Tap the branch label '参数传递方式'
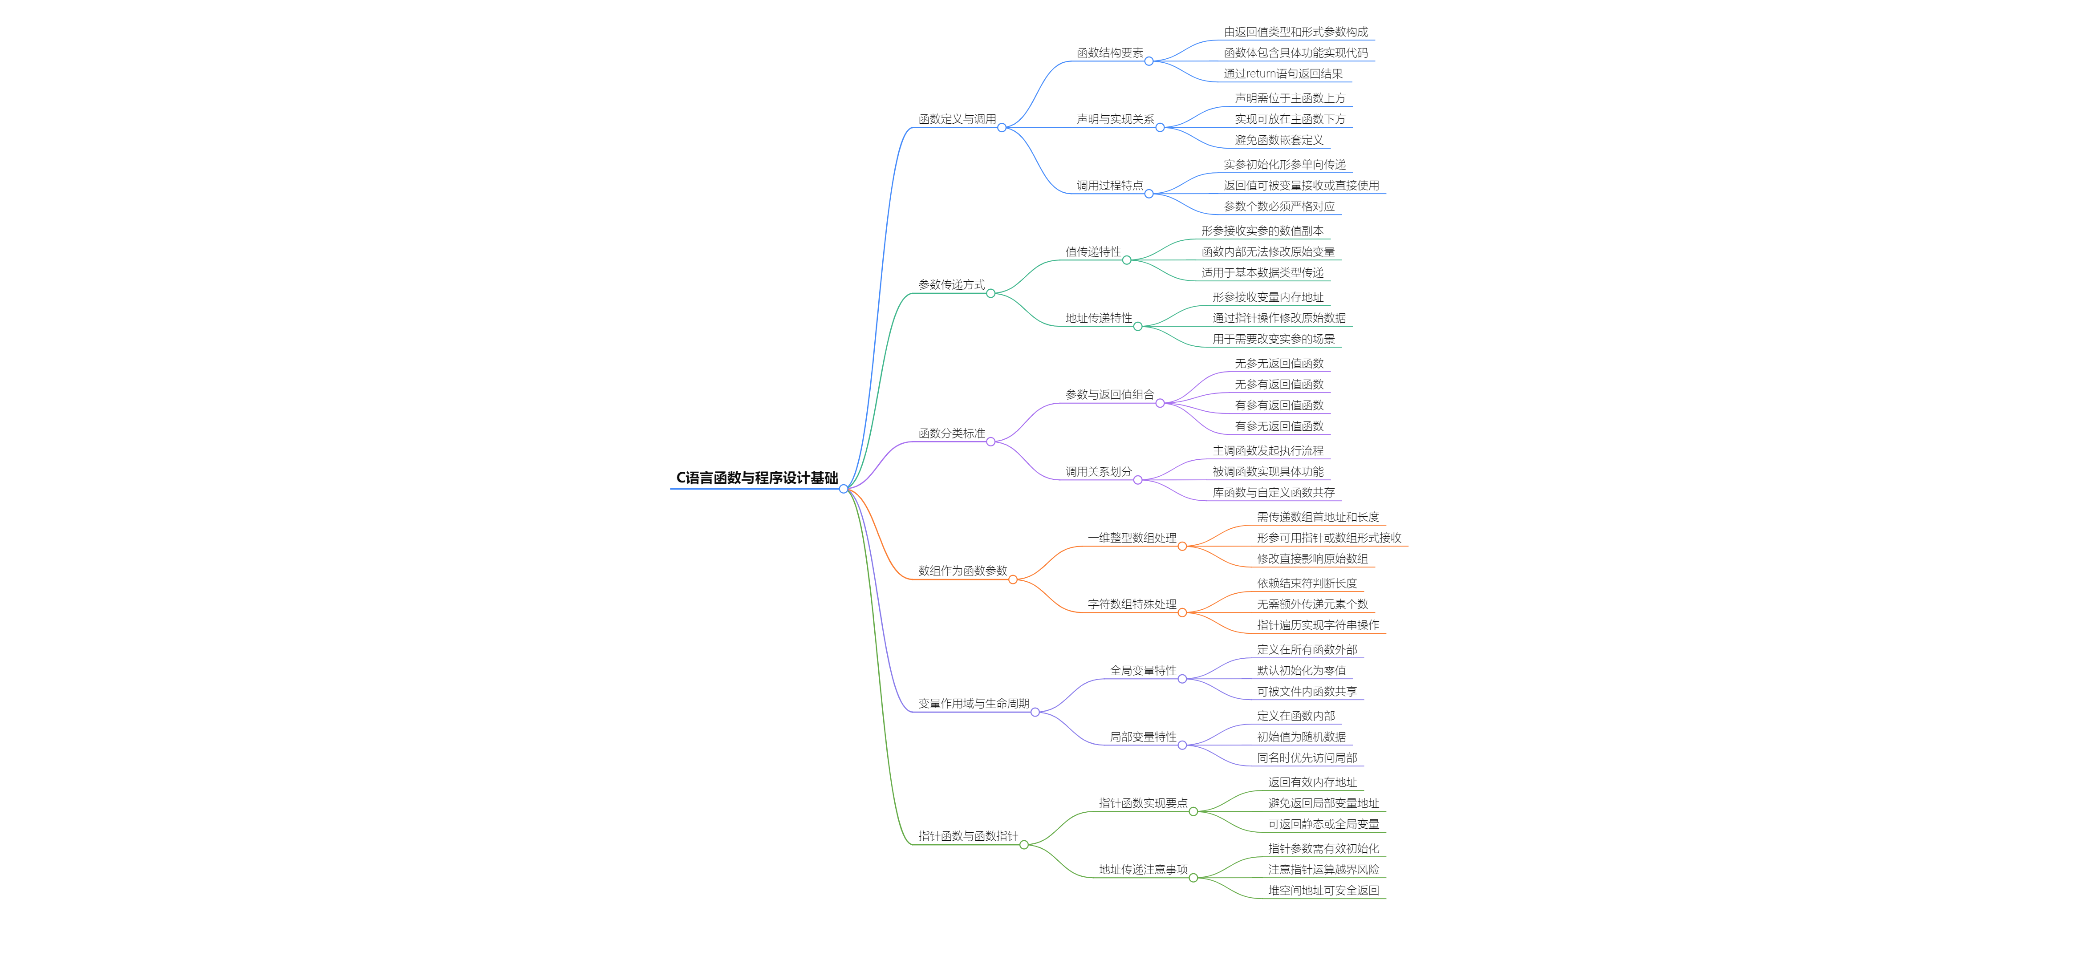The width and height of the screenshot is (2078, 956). [951, 285]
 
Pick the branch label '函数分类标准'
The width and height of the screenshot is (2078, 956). [951, 433]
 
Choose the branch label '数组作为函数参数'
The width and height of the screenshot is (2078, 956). [962, 571]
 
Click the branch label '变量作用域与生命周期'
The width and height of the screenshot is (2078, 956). [973, 704]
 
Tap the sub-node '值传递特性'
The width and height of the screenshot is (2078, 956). [1092, 252]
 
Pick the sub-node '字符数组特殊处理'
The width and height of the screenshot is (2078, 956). [1131, 604]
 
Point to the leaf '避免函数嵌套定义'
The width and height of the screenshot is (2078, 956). [1278, 140]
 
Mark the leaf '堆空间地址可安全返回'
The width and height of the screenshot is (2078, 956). [1323, 891]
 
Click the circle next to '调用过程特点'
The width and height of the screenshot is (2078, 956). [1149, 194]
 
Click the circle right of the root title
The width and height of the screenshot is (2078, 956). [843, 489]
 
